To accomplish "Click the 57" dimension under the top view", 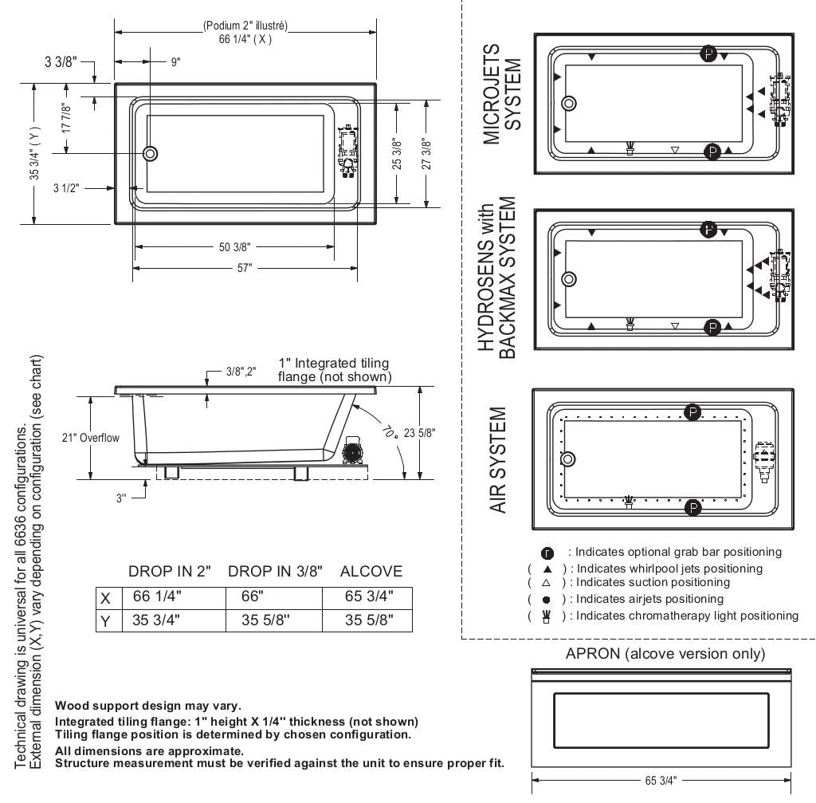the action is (245, 268).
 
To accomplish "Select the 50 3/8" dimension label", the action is (235, 247).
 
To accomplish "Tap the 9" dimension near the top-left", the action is (176, 62).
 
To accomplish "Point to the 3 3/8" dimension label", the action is (61, 62).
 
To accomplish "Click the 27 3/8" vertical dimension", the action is (427, 154).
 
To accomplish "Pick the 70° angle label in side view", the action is (390, 431).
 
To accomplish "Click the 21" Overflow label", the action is (91, 438).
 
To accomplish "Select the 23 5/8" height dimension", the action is (419, 433).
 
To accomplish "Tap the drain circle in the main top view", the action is (151, 154).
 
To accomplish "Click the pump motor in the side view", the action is (352, 451).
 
